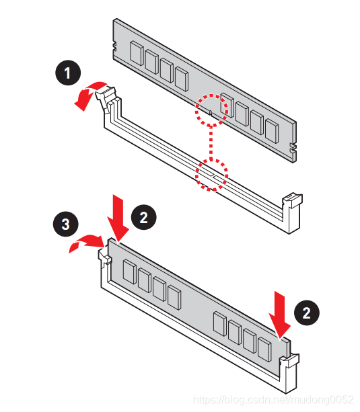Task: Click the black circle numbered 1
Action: (68, 73)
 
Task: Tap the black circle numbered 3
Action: (65, 224)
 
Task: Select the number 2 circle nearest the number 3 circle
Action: (144, 217)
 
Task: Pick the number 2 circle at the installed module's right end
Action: (307, 313)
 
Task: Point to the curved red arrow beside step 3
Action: (84, 241)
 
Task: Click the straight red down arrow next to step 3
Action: (118, 218)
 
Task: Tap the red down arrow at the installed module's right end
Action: (279, 315)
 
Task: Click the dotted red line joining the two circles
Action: (211, 142)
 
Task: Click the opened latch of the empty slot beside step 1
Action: (106, 97)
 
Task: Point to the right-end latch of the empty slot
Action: (292, 201)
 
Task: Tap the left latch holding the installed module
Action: (104, 256)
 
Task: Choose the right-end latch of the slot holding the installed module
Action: (289, 361)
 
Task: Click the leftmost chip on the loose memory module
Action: (137, 53)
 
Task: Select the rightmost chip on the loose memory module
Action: (272, 131)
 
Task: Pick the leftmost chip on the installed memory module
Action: (130, 272)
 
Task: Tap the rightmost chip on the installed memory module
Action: (264, 349)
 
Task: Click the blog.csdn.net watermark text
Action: (273, 400)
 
